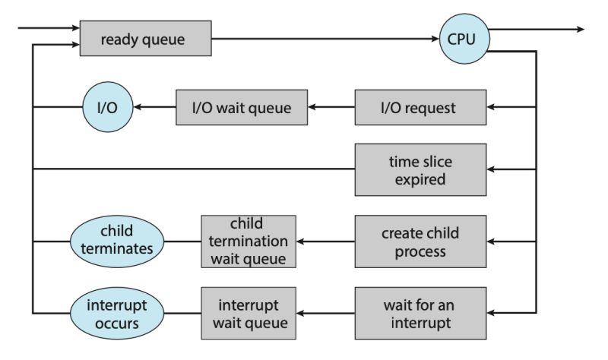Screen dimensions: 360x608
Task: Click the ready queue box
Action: coord(145,38)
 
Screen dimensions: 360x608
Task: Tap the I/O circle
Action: coord(106,107)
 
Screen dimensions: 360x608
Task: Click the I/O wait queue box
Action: coord(241,107)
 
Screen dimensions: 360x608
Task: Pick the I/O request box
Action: coord(420,107)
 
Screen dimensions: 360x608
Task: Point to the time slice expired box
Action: coord(420,170)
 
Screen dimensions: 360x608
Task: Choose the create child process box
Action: coord(420,242)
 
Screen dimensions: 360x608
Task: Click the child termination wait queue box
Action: coord(248,242)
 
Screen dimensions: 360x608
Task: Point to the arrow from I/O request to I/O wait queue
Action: coord(330,107)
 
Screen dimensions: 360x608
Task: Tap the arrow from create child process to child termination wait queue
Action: coord(325,242)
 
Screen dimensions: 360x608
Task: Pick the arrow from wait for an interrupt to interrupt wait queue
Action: coord(325,313)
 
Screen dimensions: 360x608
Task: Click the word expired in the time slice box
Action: coord(420,181)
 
